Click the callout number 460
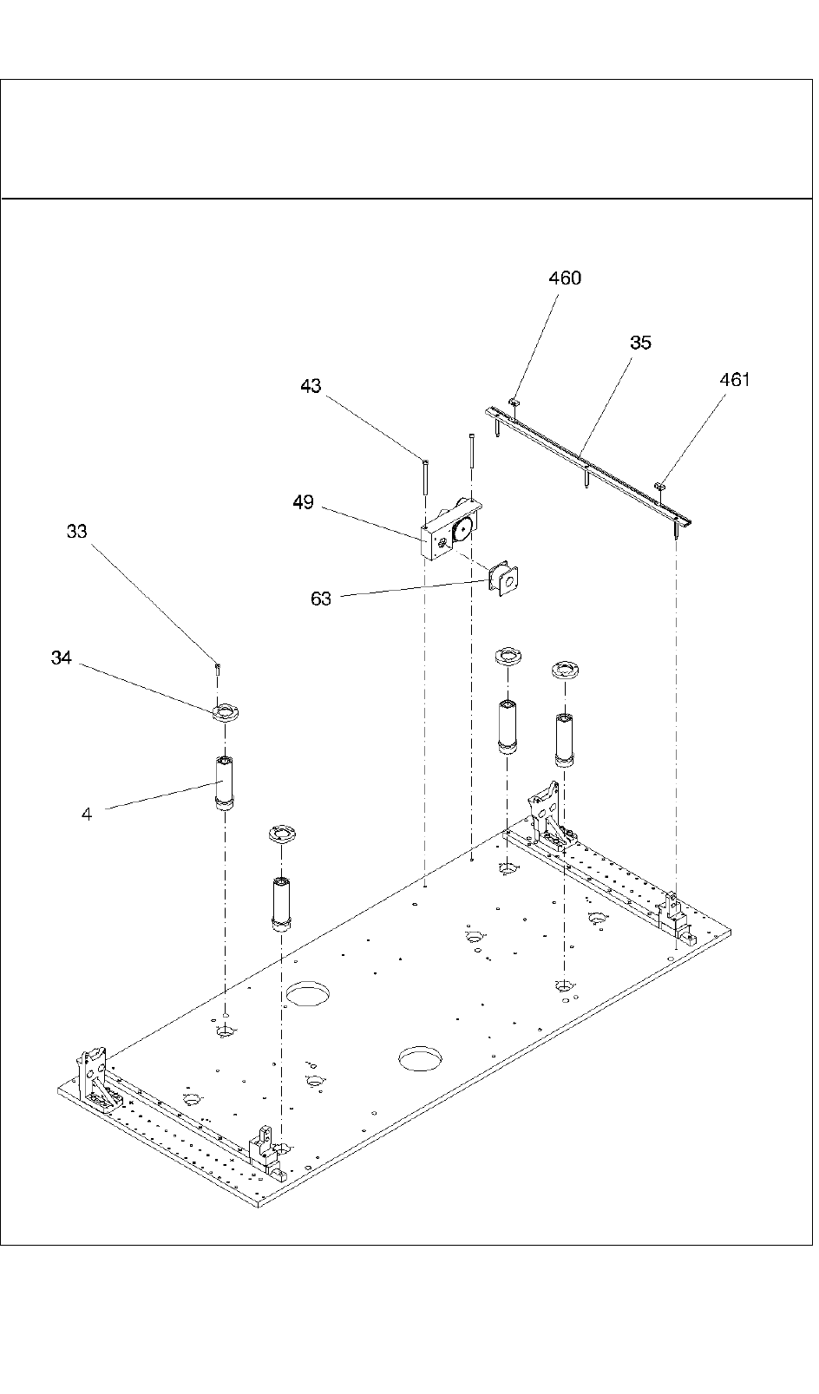point(565,278)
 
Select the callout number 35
point(640,343)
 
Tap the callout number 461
point(734,380)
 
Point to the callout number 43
point(311,387)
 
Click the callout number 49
point(303,502)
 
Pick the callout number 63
point(320,599)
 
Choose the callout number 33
point(76,532)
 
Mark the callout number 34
point(61,658)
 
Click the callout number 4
point(87,814)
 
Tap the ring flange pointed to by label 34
point(226,713)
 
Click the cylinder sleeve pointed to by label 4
point(224,783)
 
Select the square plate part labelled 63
point(504,581)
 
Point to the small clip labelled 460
point(514,402)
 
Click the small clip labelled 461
point(660,485)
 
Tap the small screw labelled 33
point(217,668)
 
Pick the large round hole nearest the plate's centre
point(420,1058)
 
